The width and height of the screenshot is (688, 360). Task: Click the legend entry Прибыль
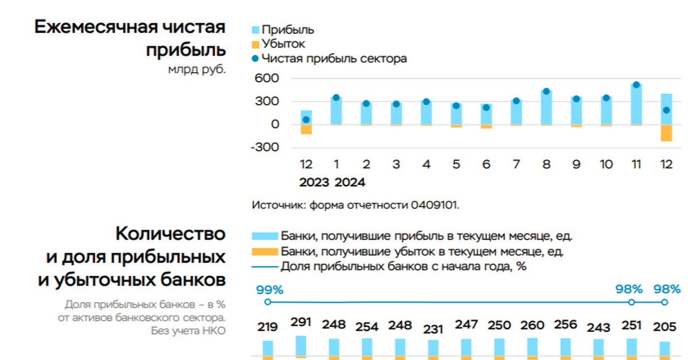pos(287,30)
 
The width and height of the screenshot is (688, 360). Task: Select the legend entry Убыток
pos(283,44)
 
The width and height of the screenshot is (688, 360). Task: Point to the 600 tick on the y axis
pos(266,78)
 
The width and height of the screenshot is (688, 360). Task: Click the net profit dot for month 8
pos(546,91)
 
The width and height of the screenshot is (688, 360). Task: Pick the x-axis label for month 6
pos(486,165)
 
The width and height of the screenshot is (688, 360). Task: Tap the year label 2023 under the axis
pos(314,182)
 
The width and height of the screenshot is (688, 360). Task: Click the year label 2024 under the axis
pos(350,182)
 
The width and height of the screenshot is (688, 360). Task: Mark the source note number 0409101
pos(435,205)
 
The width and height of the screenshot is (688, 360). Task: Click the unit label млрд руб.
pos(196,69)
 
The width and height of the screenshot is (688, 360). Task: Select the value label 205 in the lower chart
pos(665,327)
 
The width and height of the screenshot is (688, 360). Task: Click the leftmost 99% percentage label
pos(269,289)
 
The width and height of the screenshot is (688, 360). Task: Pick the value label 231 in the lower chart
pos(433,329)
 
